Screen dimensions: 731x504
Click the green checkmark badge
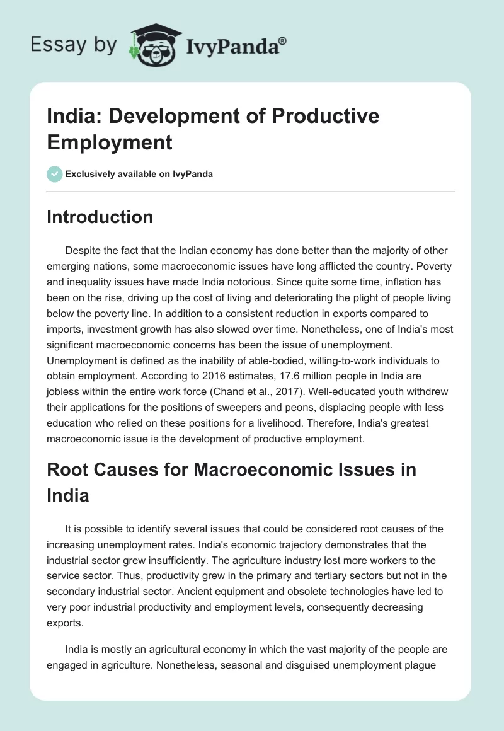click(x=55, y=174)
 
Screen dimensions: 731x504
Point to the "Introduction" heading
click(x=100, y=217)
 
